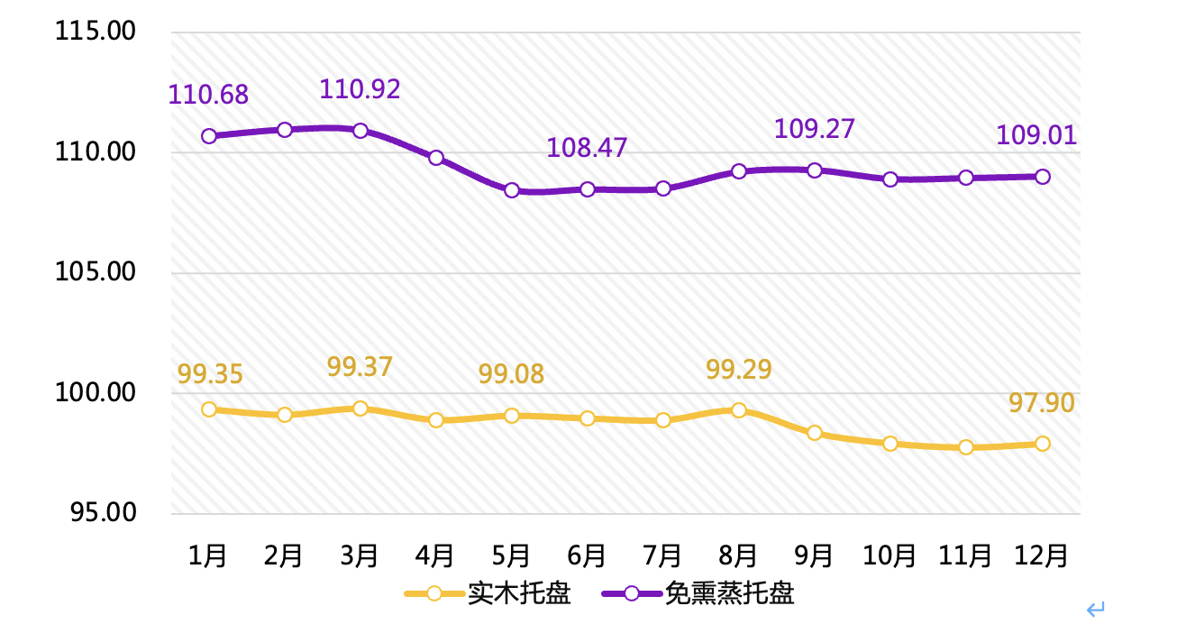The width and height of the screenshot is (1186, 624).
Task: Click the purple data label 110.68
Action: pos(208,94)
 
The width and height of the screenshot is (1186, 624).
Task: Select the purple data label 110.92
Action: pos(360,88)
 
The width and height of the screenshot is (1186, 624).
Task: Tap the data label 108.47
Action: pos(587,147)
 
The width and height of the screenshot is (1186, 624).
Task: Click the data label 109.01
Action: pos(1036,135)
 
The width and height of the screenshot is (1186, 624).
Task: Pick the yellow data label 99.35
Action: pos(210,373)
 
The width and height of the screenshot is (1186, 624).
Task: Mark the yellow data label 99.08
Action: pos(511,373)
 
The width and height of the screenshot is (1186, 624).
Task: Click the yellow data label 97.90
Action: pos(1042,403)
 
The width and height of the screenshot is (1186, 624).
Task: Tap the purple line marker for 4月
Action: pos(436,158)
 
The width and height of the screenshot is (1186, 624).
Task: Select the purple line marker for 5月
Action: pos(512,190)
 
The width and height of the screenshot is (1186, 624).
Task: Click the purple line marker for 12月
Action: pos(1042,177)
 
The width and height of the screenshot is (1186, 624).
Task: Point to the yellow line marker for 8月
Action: pos(739,410)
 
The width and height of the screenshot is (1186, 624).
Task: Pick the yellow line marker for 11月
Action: pos(966,447)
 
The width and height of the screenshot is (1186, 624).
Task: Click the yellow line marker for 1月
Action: pos(209,409)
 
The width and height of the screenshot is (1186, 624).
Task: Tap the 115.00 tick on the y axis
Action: pos(96,32)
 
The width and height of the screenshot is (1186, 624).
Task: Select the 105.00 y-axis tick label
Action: pos(96,272)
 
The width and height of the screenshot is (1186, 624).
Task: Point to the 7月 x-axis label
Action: pos(662,555)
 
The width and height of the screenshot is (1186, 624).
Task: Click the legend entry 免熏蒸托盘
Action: pos(730,593)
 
